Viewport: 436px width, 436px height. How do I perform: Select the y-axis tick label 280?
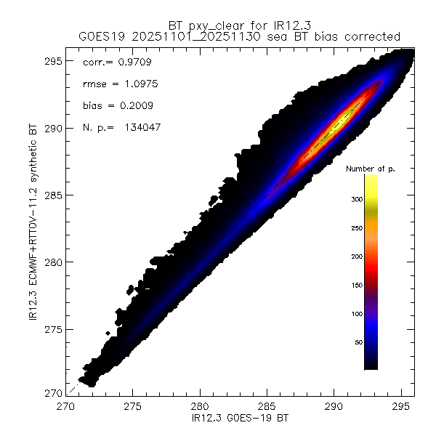click(55, 262)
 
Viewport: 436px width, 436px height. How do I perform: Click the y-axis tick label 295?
click(55, 61)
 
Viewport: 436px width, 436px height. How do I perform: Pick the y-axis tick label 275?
click(55, 329)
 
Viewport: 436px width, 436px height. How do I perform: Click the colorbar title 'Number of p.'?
click(370, 169)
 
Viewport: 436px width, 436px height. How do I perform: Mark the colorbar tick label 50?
click(355, 342)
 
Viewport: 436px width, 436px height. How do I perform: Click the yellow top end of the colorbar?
click(370, 178)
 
